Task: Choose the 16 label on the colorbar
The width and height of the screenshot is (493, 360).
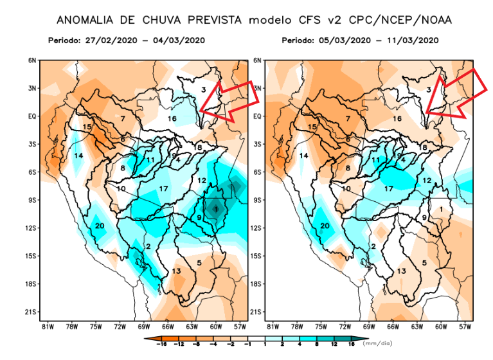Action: [352, 345]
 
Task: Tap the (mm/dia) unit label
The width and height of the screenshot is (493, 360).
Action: [377, 344]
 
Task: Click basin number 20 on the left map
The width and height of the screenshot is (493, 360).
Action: [100, 226]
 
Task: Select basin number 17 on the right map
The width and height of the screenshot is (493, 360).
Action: [388, 188]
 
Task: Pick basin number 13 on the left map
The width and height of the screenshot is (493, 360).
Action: [175, 272]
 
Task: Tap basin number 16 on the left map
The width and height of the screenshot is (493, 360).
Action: [172, 119]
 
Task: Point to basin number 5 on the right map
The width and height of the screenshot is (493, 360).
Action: [425, 263]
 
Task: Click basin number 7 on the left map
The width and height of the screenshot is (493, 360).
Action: [122, 118]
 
